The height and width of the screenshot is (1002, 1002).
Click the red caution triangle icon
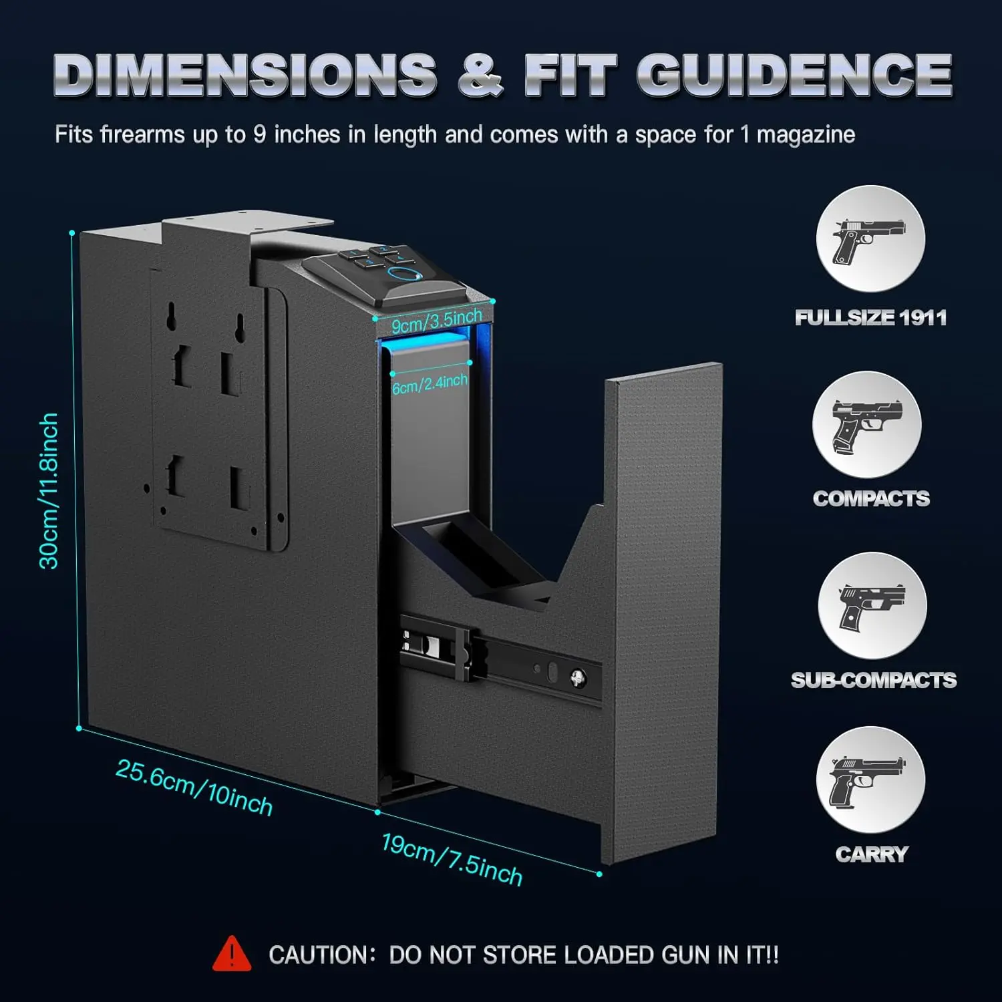click(232, 954)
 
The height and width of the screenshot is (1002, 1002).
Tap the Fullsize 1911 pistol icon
click(870, 239)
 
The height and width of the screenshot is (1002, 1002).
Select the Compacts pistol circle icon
click(867, 425)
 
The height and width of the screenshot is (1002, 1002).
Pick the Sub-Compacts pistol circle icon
click(872, 606)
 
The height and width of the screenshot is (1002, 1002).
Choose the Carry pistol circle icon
click(870, 780)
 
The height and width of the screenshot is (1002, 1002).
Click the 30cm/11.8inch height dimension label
click(49, 491)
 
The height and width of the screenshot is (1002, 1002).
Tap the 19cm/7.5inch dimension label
click(452, 860)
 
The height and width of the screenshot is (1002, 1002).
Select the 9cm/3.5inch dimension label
click(437, 321)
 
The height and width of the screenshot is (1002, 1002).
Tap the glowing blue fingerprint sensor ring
click(402, 276)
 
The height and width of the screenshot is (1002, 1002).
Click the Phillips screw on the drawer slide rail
click(578, 679)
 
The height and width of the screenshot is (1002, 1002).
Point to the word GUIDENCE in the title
click(794, 75)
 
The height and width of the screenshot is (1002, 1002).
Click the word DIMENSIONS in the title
click(245, 75)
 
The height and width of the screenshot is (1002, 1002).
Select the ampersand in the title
click(480, 75)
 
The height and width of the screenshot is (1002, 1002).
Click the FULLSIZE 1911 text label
click(870, 317)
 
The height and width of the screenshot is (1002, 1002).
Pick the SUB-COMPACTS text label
click(874, 680)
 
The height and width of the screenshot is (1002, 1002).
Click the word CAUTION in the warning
click(318, 955)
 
